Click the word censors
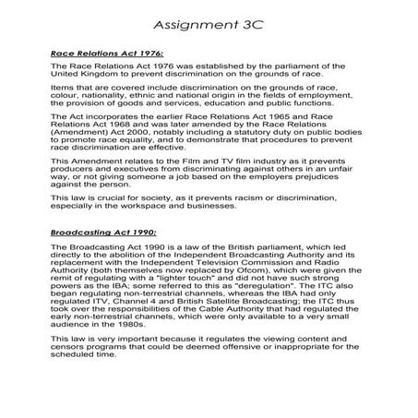click(73, 352)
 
